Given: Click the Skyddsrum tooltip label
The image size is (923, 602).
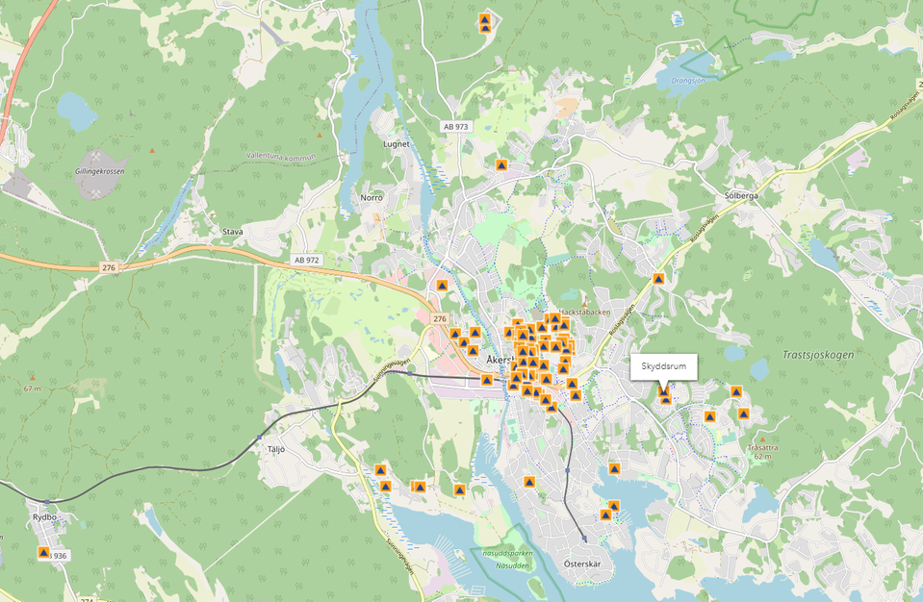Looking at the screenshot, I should click(662, 366).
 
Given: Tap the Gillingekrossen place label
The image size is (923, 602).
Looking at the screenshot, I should click(99, 171).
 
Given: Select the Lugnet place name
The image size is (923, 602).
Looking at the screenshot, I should click(397, 144).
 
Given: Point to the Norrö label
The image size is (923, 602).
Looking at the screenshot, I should click(372, 197).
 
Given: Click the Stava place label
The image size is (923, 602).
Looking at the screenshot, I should click(233, 232).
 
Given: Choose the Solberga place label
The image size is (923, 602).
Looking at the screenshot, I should click(741, 195).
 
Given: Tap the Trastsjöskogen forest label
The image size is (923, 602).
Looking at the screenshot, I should click(811, 354).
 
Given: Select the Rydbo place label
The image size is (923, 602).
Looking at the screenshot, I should click(46, 516).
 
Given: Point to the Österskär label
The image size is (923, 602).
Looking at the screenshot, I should click(582, 564).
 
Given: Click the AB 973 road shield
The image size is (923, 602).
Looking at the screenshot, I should click(455, 127).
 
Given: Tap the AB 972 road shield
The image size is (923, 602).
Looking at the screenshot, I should click(305, 261).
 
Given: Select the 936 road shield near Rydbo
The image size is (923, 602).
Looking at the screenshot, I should click(61, 556).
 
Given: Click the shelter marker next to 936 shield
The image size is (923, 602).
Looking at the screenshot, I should click(43, 553).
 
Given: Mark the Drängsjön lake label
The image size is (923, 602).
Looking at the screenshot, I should click(688, 81).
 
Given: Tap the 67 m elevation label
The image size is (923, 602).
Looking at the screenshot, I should click(34, 389).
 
